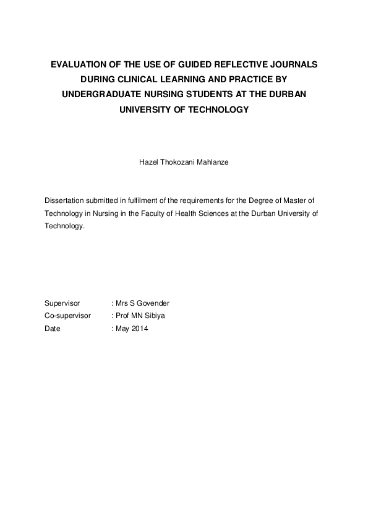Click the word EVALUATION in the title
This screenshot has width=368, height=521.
click(x=77, y=64)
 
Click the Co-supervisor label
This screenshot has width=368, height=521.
click(x=68, y=316)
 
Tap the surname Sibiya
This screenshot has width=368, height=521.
click(x=155, y=316)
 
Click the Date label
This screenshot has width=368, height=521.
click(x=53, y=329)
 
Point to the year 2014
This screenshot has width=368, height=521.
click(x=140, y=329)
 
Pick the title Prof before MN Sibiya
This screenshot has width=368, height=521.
click(x=122, y=316)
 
